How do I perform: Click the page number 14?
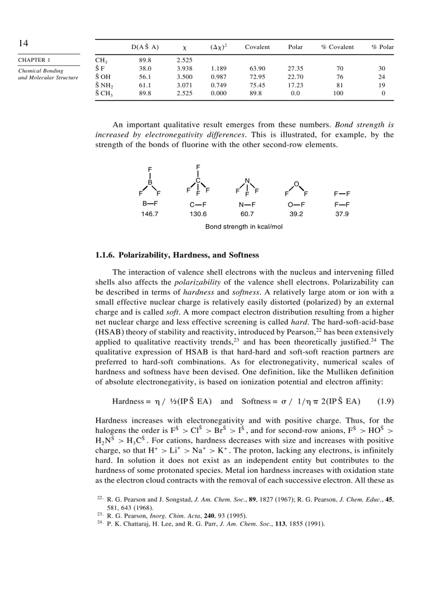click(23, 44)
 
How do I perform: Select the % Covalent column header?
click(337, 47)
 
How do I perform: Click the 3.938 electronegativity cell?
click(184, 69)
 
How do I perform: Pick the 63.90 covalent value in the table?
click(257, 69)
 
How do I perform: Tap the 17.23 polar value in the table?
click(295, 85)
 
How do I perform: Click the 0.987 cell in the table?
click(218, 77)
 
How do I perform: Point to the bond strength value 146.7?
click(150, 214)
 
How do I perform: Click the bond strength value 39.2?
click(296, 214)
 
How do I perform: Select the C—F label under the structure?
click(198, 204)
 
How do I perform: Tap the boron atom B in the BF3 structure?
click(150, 182)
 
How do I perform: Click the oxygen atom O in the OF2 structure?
click(296, 184)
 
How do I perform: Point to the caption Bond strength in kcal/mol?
click(244, 227)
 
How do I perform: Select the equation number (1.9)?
click(385, 401)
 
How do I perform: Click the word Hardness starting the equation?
click(128, 401)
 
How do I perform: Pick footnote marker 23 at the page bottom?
click(99, 514)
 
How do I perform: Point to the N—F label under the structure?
click(247, 204)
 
